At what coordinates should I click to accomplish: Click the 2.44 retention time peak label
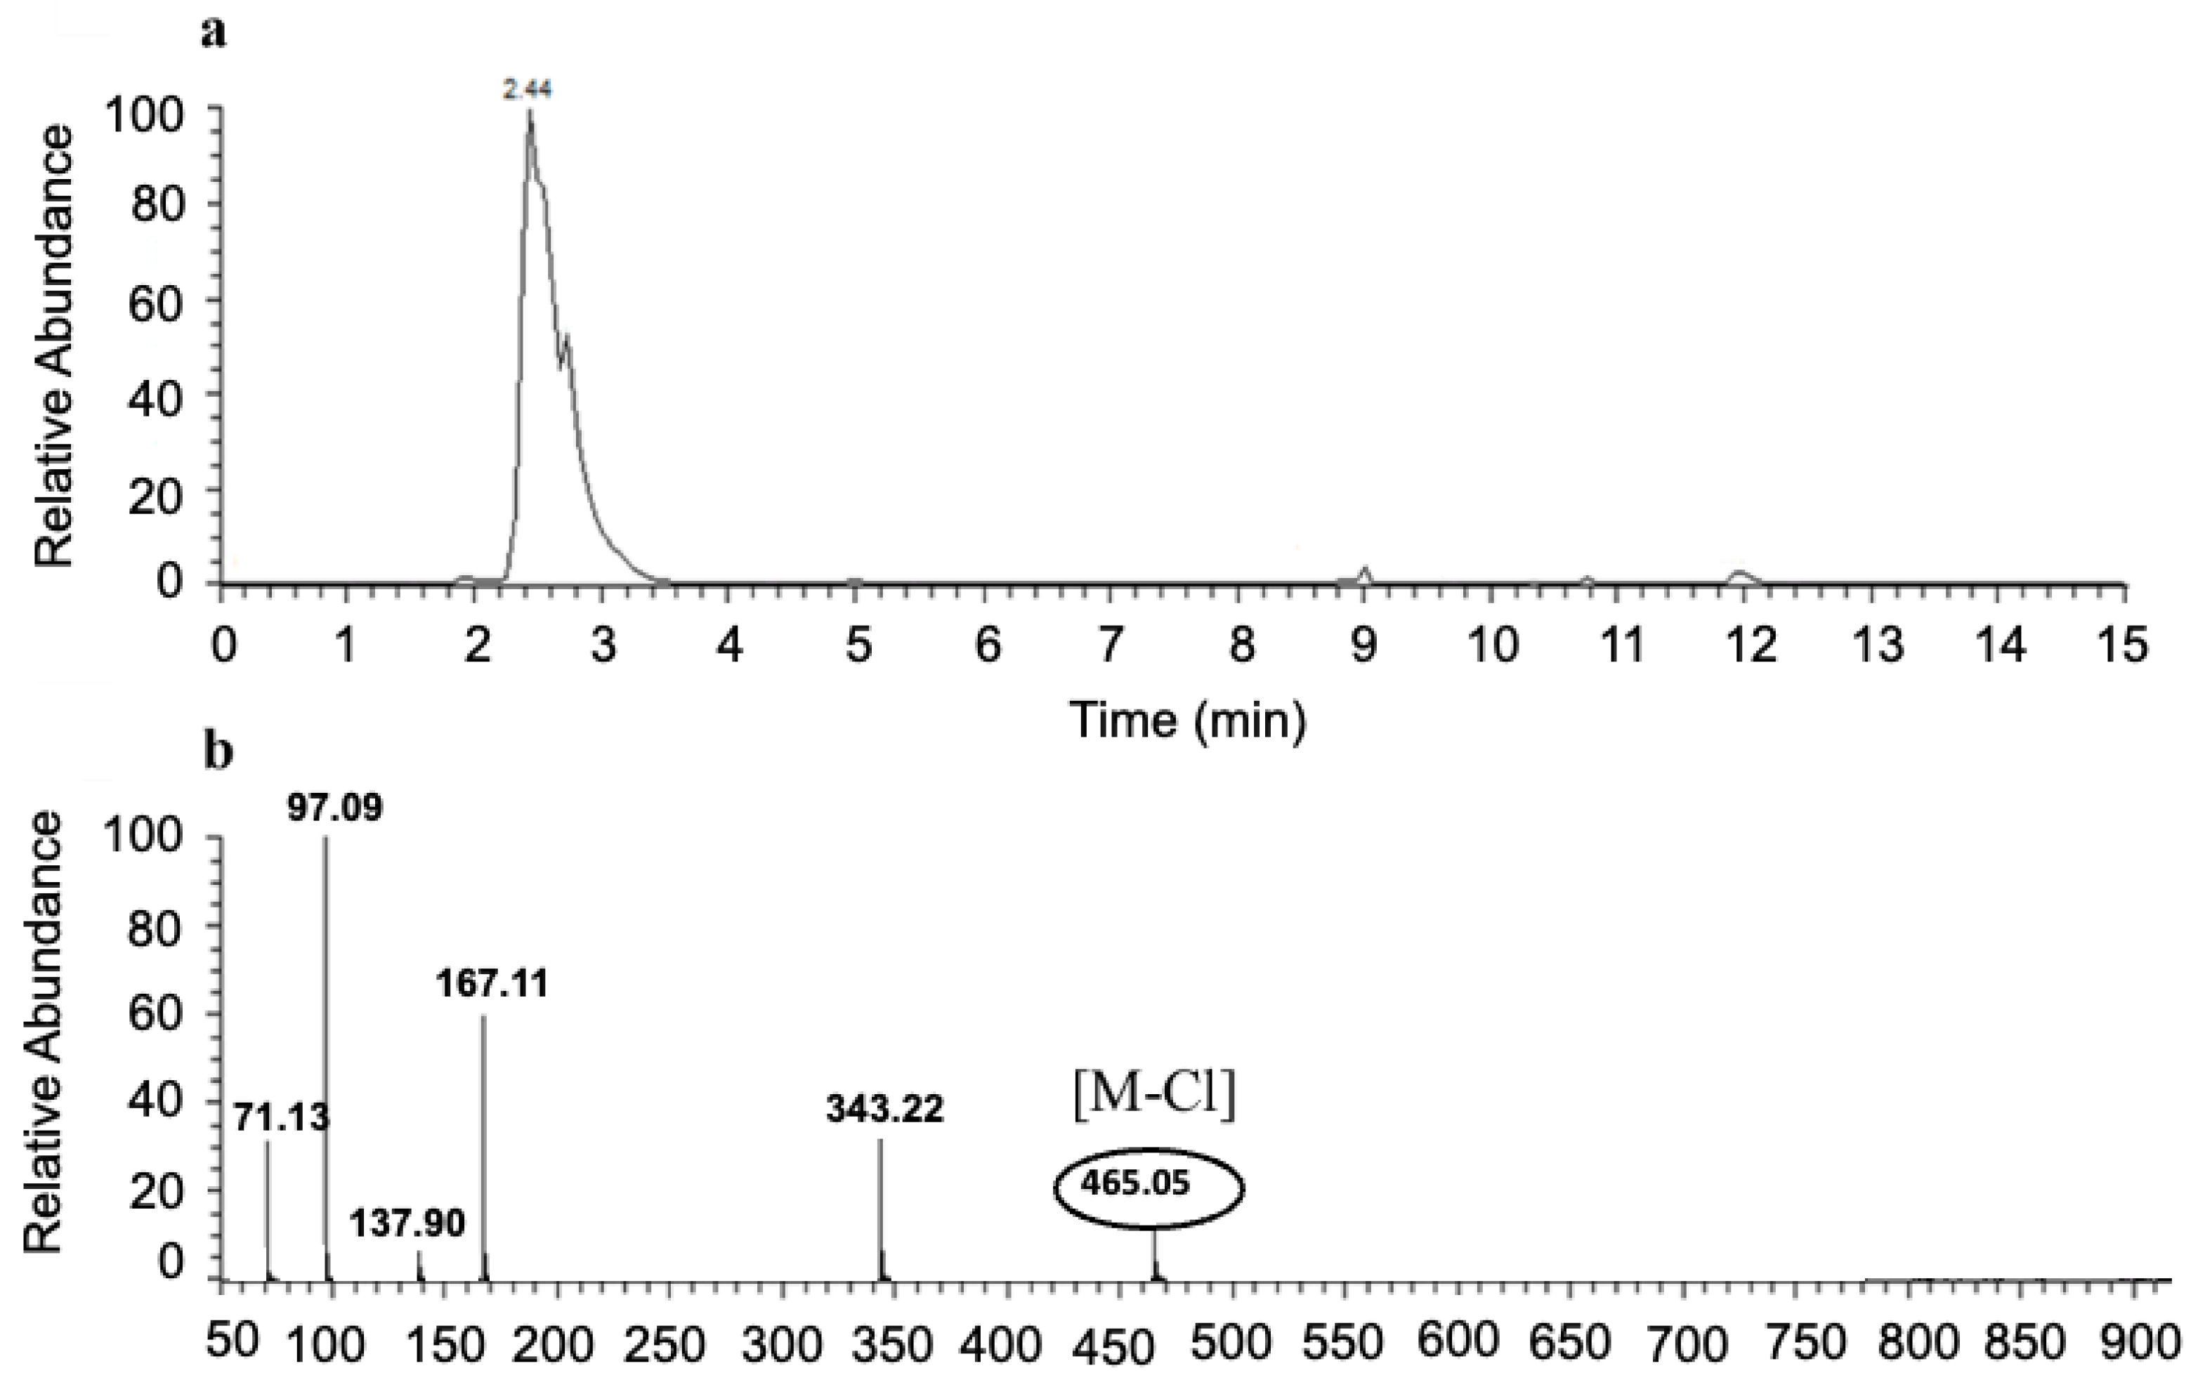point(527,89)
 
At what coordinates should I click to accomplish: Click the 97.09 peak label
point(335,808)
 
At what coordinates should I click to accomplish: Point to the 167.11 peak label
point(492,984)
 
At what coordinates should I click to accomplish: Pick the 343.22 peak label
point(884,1109)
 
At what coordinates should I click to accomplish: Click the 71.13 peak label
point(280,1116)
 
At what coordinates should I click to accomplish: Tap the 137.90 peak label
point(407,1222)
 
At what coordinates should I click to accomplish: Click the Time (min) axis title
point(1188,720)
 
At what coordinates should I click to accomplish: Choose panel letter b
point(219,753)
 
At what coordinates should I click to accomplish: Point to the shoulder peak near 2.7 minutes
point(567,338)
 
